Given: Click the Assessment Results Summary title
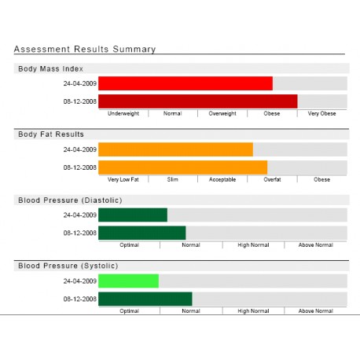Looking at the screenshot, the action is click(x=85, y=50).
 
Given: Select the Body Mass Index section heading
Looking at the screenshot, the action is click(x=50, y=69).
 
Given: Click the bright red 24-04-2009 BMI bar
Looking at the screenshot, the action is click(x=186, y=83).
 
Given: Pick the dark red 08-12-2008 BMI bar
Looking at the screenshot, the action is click(x=198, y=101).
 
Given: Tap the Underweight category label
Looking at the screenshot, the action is click(x=123, y=113).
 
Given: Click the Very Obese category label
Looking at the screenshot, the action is click(x=321, y=113).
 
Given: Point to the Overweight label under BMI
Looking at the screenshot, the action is click(x=222, y=113).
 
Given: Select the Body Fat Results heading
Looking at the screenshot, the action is click(x=51, y=134).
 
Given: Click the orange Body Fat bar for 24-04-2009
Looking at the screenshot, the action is click(x=176, y=149).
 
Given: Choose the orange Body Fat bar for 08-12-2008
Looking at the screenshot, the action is click(x=183, y=167).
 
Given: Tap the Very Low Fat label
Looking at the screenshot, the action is click(x=123, y=179).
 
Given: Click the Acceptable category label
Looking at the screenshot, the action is click(x=222, y=179).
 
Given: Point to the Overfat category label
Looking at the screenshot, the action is click(x=272, y=179).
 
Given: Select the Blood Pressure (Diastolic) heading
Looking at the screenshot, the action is click(x=70, y=200).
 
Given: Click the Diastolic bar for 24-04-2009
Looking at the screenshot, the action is click(x=133, y=215).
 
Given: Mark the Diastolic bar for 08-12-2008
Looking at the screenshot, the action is click(x=142, y=233).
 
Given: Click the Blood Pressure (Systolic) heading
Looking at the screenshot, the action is click(x=68, y=266).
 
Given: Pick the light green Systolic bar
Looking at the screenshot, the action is click(x=129, y=281).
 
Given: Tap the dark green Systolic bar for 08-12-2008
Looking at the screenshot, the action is click(x=145, y=299).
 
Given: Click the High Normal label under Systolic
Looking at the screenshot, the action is click(x=253, y=311).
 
